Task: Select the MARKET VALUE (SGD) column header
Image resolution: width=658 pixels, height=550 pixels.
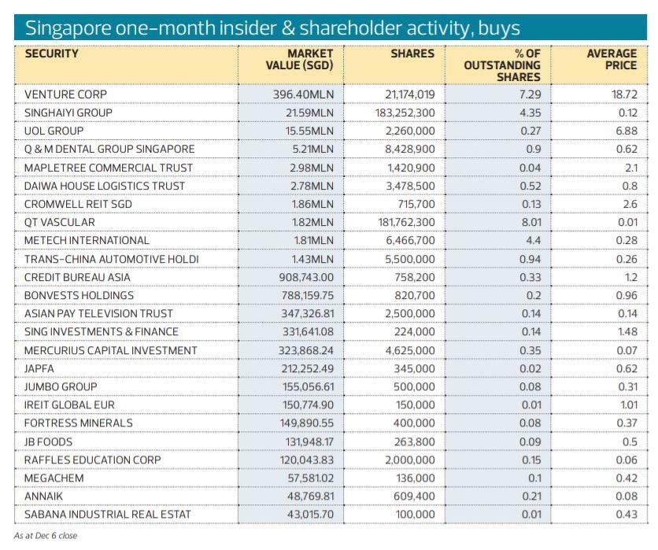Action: click(301, 60)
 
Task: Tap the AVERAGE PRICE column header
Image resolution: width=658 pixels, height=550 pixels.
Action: click(612, 60)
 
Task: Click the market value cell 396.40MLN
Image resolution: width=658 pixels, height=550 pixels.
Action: click(305, 94)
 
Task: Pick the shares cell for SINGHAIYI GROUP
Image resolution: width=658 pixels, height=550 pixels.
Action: click(405, 113)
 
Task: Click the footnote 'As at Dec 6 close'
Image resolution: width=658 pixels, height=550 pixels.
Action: click(46, 535)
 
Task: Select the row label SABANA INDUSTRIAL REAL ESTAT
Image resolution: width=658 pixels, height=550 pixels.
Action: click(107, 514)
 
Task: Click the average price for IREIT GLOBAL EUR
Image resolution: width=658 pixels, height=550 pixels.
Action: click(627, 404)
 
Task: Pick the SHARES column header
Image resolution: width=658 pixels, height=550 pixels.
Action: click(412, 54)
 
